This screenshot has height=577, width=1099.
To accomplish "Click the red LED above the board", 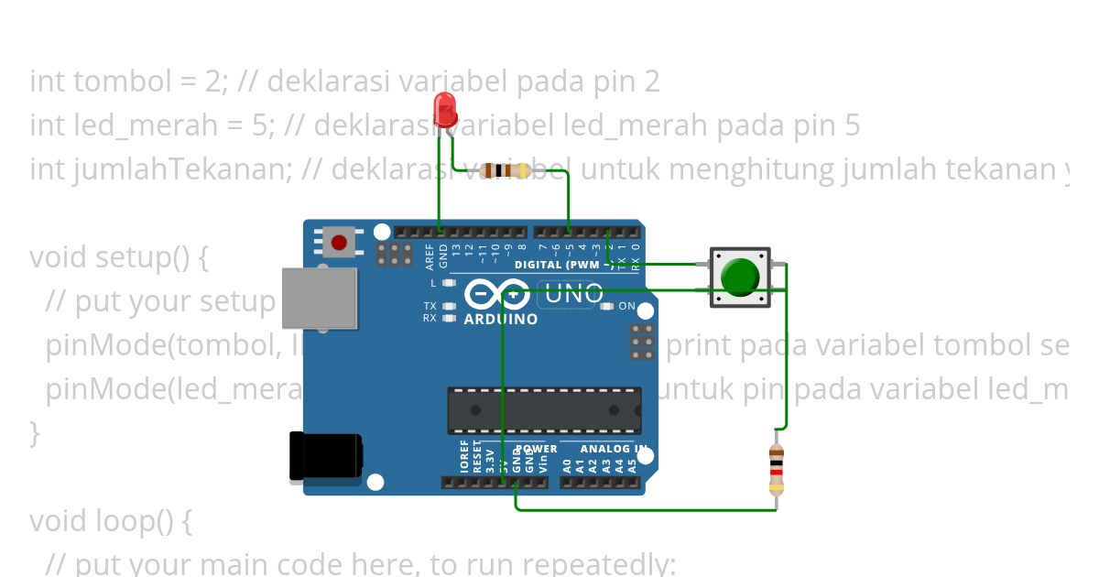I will [446, 108].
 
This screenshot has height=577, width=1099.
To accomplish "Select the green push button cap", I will [740, 277].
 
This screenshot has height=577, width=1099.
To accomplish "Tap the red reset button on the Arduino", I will [339, 243].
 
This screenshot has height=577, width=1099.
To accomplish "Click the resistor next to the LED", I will [505, 170].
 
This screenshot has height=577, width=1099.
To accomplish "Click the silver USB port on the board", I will [319, 298].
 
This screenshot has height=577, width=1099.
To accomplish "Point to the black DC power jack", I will [325, 456].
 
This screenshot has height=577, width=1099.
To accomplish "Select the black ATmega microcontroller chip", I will [544, 410].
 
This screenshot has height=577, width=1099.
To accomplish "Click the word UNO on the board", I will [574, 294].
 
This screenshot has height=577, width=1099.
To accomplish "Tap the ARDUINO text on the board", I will [501, 320].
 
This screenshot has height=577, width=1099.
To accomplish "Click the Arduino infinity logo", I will [495, 294].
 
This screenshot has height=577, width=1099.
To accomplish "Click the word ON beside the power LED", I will [626, 306].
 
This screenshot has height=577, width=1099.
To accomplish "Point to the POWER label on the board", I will [537, 449].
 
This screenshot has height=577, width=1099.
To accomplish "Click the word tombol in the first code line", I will [122, 82].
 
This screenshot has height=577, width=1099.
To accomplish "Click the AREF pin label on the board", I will [430, 256].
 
